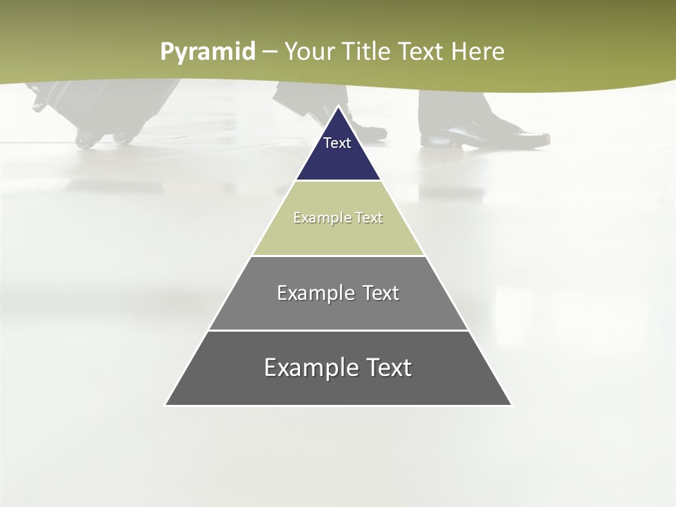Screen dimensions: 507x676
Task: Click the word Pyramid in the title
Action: click(207, 52)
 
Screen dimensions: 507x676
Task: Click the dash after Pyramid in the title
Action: click(270, 52)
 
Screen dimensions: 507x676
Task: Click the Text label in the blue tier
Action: click(337, 143)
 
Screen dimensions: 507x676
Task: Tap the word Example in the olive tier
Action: click(319, 218)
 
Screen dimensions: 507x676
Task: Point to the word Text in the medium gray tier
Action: click(381, 293)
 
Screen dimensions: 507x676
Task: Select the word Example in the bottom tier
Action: click(306, 368)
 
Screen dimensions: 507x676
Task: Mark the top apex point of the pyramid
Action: click(338, 107)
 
